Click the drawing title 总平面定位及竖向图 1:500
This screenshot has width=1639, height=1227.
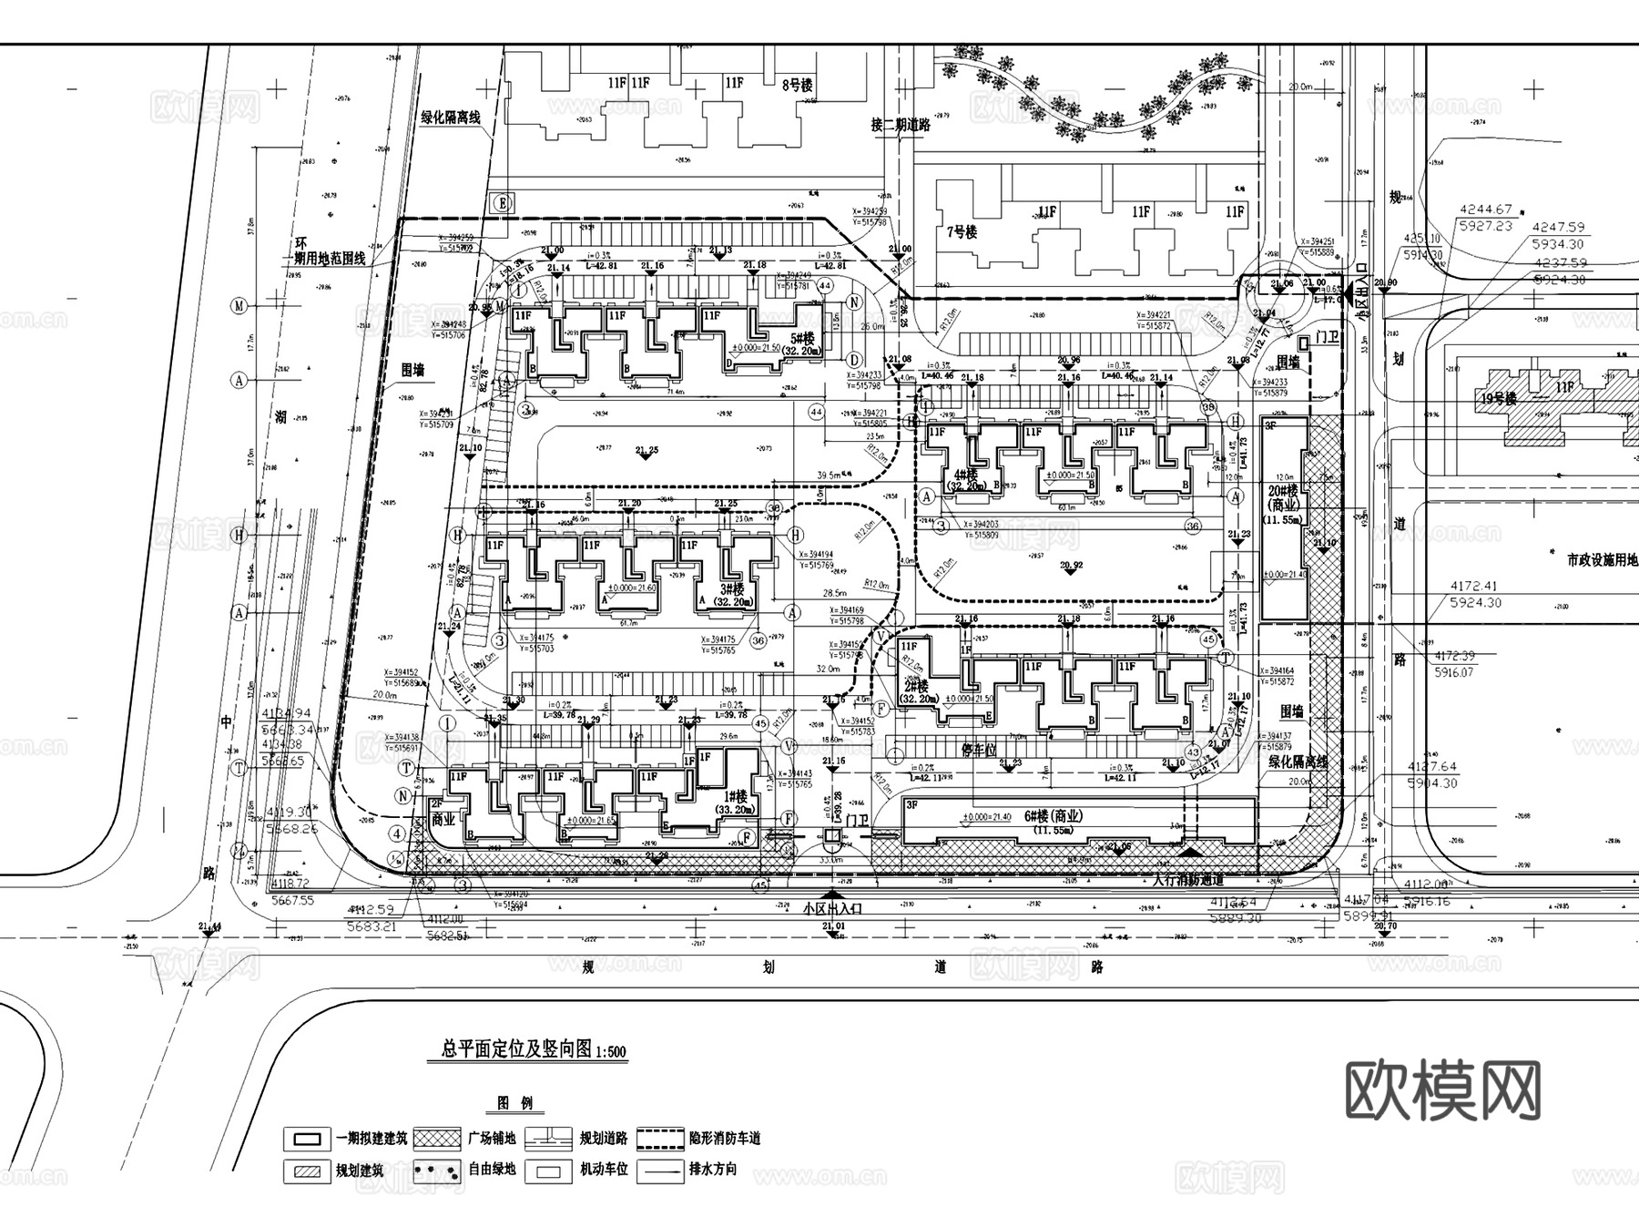(534, 1050)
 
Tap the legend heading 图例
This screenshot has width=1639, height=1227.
(514, 1103)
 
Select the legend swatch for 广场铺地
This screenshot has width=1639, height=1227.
(436, 1138)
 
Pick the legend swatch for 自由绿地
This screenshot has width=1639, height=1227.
(436, 1169)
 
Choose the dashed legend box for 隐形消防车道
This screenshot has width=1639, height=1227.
(660, 1138)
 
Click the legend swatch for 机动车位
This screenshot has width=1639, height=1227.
(548, 1169)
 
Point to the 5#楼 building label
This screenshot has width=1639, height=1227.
(802, 338)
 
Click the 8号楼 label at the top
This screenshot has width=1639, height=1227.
(798, 85)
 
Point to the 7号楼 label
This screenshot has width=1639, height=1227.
(962, 232)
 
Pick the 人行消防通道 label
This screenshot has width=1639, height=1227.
(1188, 880)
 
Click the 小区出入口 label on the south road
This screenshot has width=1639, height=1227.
(833, 909)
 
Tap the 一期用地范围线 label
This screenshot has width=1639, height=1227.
(329, 258)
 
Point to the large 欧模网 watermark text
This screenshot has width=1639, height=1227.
(1442, 1089)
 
